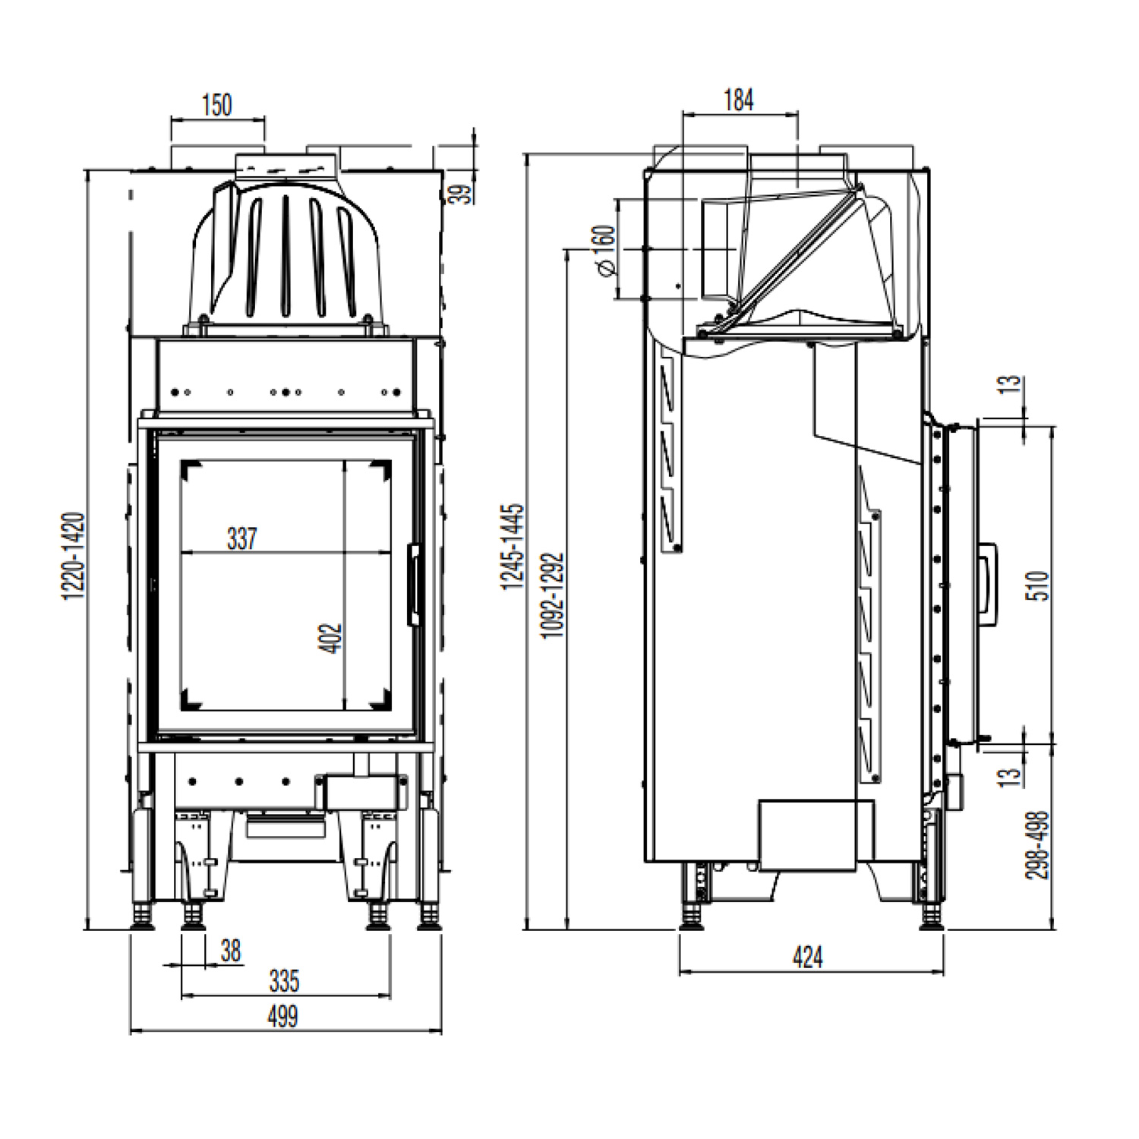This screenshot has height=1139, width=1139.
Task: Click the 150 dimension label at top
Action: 217,105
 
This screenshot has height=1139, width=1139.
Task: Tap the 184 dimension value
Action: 738,99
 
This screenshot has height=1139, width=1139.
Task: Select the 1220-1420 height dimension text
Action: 74,556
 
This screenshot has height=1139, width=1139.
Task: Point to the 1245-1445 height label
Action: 513,546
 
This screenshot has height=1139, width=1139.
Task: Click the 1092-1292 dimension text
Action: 554,595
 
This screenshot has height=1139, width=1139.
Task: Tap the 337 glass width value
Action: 242,538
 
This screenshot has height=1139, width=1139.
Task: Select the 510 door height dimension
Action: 1038,585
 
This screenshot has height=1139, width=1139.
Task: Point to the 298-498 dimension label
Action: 1036,845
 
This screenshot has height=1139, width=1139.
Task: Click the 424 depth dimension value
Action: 807,957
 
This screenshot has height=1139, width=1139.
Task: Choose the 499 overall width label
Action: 282,1016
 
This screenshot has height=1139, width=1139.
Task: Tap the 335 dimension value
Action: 284,981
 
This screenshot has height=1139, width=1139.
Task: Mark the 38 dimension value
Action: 231,950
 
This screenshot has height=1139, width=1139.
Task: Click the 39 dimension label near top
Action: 461,190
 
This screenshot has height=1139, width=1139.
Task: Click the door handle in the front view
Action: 414,585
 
